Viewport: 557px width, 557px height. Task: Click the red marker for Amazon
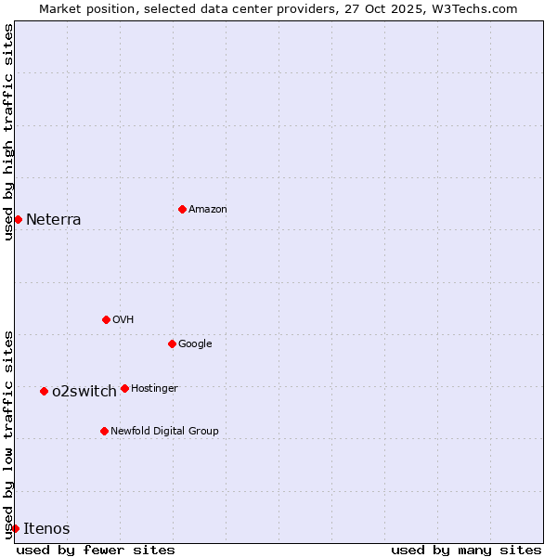pyautogui.click(x=182, y=209)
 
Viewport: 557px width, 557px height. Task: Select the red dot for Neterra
pyautogui.click(x=18, y=219)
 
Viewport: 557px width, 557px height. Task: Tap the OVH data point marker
pyautogui.click(x=106, y=319)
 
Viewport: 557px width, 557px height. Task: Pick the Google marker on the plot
pyautogui.click(x=172, y=343)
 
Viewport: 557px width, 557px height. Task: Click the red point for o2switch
pyautogui.click(x=44, y=391)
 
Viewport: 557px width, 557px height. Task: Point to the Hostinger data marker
pyautogui.click(x=124, y=388)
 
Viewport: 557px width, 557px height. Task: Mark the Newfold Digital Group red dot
pyautogui.click(x=104, y=431)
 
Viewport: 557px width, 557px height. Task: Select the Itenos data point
pyautogui.click(x=15, y=528)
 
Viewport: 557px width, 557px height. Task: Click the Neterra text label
pyautogui.click(x=53, y=220)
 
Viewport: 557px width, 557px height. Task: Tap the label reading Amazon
pyautogui.click(x=208, y=210)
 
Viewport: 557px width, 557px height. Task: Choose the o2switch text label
pyautogui.click(x=84, y=392)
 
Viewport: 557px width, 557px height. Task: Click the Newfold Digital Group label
pyautogui.click(x=164, y=431)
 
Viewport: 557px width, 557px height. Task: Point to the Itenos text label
pyautogui.click(x=46, y=529)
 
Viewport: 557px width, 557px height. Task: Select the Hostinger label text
pyautogui.click(x=154, y=388)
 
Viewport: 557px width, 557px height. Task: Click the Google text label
pyautogui.click(x=195, y=343)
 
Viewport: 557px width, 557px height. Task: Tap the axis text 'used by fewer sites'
pyautogui.click(x=96, y=550)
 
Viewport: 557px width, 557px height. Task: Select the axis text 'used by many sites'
pyautogui.click(x=466, y=550)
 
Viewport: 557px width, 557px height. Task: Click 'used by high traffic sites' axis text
pyautogui.click(x=8, y=132)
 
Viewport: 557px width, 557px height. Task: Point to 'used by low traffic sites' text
pyautogui.click(x=8, y=434)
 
